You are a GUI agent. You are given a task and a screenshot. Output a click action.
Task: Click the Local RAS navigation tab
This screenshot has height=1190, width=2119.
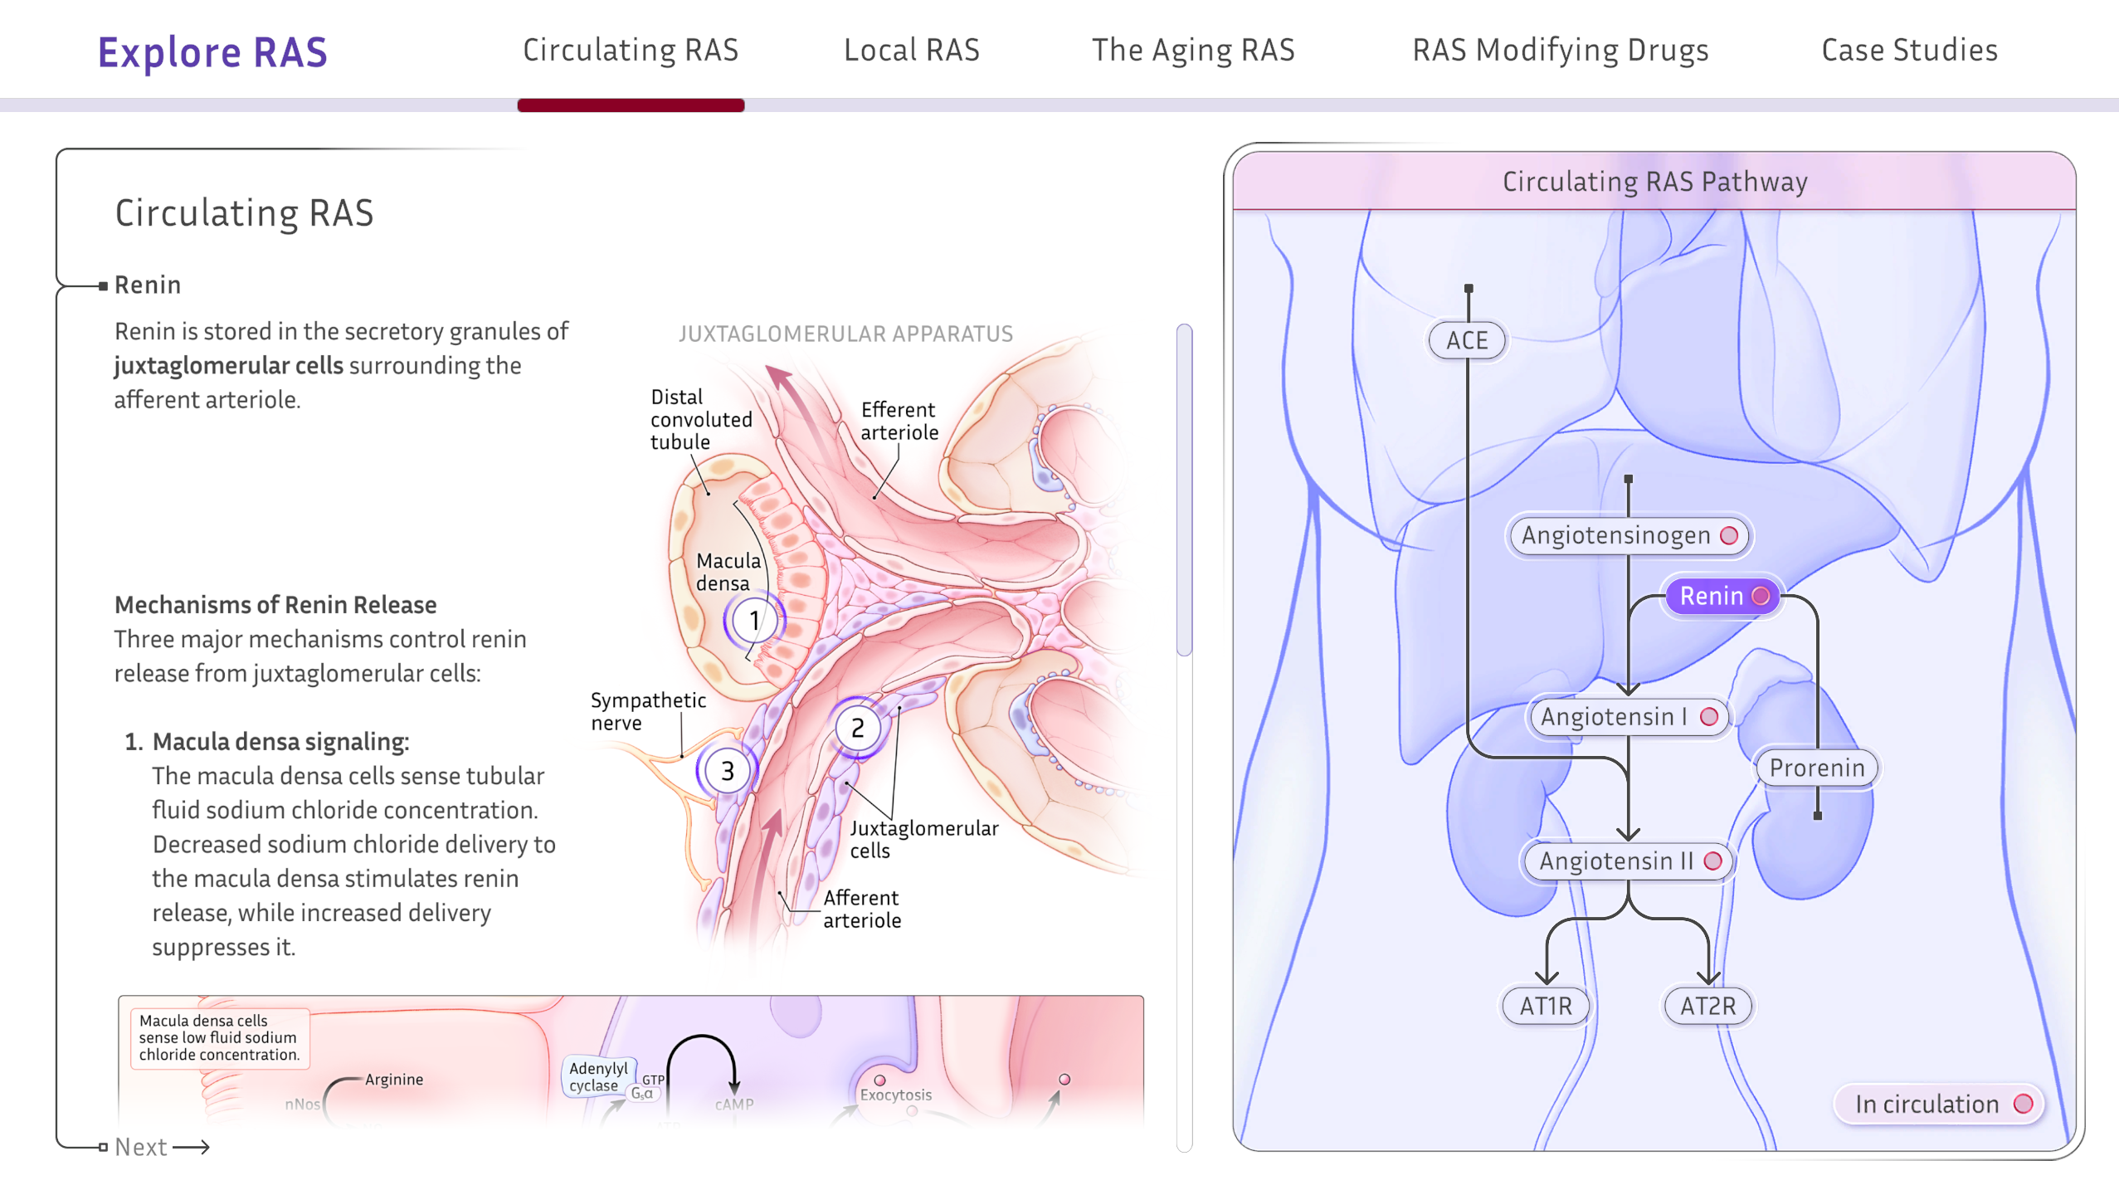(x=911, y=51)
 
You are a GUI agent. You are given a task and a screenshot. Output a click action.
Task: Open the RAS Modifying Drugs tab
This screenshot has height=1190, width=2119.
(x=1560, y=51)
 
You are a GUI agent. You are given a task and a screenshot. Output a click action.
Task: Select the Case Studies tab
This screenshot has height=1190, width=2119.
(x=1909, y=51)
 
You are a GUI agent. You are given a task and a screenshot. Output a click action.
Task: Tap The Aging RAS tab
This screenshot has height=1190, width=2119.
(x=1192, y=51)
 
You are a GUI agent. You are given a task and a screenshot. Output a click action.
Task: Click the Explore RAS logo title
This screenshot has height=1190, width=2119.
(x=212, y=52)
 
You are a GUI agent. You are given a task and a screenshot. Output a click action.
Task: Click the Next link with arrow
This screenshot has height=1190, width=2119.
(x=161, y=1147)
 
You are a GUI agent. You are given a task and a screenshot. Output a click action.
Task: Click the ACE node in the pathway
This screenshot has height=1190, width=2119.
(x=1467, y=340)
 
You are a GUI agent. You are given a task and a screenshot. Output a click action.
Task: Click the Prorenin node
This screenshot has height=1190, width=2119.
(x=1816, y=768)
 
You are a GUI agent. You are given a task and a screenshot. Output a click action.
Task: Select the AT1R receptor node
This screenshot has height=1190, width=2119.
(x=1546, y=1006)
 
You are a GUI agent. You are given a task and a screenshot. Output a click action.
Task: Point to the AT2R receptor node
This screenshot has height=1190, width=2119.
(x=1707, y=1006)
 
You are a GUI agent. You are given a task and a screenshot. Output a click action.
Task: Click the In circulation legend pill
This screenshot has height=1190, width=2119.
(x=1938, y=1104)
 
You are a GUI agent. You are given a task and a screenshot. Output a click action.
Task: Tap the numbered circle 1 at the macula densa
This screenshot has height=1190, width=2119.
(x=753, y=620)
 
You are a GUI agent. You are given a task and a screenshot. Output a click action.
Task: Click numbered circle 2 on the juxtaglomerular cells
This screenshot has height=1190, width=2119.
(x=857, y=728)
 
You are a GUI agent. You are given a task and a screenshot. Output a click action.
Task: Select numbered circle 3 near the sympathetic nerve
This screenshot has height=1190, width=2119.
(x=727, y=771)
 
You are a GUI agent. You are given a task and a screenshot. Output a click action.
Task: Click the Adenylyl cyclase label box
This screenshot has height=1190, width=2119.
(x=598, y=1076)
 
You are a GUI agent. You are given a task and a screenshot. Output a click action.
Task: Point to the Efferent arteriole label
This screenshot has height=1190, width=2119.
(x=899, y=421)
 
